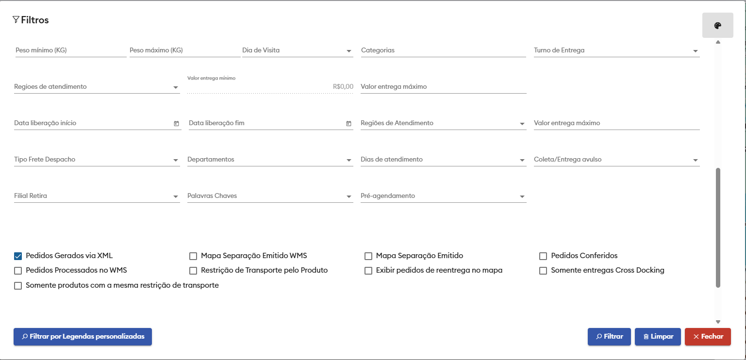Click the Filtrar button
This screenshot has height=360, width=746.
click(609, 337)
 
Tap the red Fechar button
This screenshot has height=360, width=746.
click(708, 337)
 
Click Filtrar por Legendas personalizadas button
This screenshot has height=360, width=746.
click(83, 337)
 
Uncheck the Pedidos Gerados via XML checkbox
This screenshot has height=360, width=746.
click(18, 256)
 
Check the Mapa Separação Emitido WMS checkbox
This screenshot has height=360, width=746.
click(193, 256)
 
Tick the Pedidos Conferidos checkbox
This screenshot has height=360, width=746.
click(543, 256)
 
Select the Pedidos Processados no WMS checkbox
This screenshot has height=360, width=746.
click(18, 270)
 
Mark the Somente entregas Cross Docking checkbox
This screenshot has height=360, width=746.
click(543, 270)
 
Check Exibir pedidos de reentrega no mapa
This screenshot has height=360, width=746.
click(368, 270)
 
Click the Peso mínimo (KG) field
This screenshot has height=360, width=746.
click(70, 50)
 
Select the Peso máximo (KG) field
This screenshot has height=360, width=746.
click(184, 50)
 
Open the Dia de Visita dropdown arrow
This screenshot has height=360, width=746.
click(349, 51)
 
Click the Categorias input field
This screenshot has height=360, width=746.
click(443, 50)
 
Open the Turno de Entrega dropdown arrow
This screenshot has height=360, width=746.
click(696, 51)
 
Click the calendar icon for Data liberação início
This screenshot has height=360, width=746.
click(176, 124)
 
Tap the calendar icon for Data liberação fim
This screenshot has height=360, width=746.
click(348, 124)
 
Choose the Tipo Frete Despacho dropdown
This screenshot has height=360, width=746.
click(97, 160)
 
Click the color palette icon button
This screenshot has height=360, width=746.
click(717, 26)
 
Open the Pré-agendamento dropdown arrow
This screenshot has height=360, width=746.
click(522, 196)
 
